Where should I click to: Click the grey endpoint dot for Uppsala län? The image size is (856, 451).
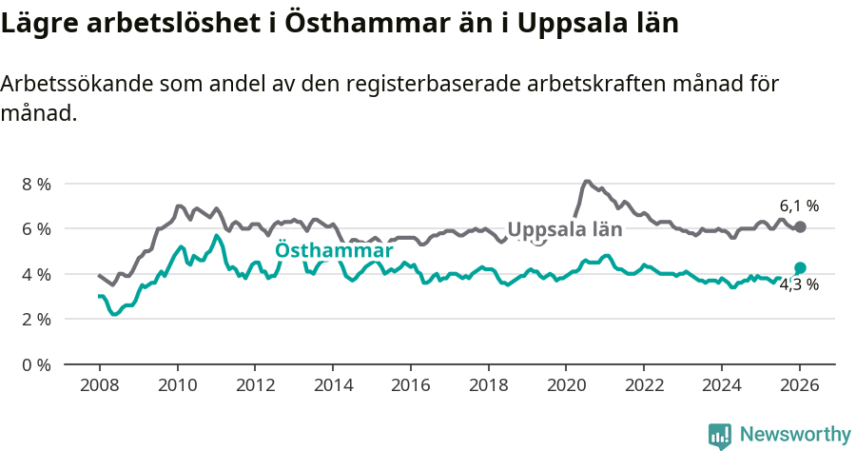point(800,226)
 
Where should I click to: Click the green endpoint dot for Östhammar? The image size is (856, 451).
point(800,267)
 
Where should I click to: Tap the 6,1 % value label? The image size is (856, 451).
point(799,206)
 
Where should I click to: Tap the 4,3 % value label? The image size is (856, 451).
point(799,284)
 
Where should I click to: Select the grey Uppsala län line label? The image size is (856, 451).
point(565,229)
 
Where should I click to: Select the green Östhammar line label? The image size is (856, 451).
point(334,251)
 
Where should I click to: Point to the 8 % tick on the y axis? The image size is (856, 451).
point(36,184)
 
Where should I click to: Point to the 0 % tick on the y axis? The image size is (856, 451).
point(36,364)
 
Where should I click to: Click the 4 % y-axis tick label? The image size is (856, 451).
point(36,274)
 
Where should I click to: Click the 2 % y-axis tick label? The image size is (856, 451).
point(36,319)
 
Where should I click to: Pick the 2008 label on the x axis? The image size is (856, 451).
point(99,385)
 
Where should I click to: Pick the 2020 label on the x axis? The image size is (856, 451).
point(566,385)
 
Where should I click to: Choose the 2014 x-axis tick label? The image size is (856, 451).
point(333,385)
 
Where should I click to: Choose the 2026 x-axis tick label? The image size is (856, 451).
point(800,385)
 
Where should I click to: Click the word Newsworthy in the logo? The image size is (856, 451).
point(794,435)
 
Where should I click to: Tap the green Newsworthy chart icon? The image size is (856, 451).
point(720,436)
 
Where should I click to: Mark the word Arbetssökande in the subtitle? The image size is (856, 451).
point(72,84)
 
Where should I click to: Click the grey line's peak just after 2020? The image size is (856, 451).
point(587,181)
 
